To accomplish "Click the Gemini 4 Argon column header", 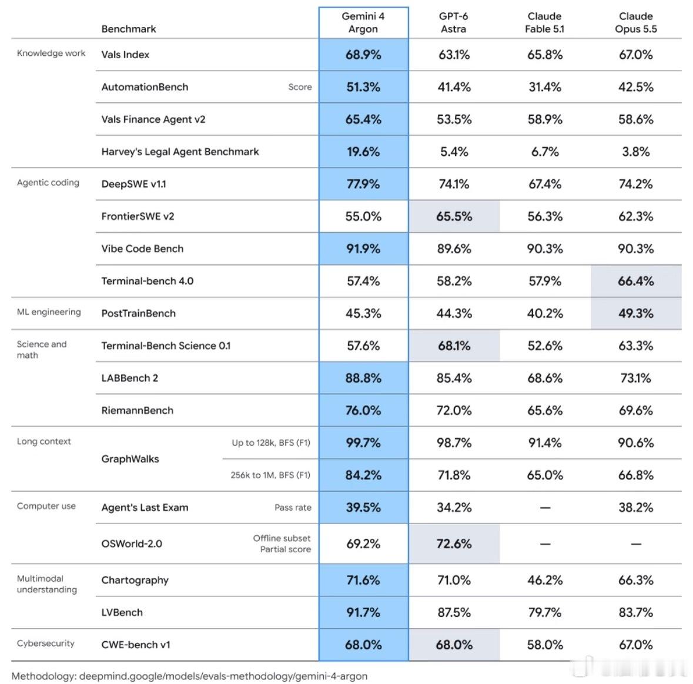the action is click(x=363, y=22).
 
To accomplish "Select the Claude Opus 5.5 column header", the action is click(x=635, y=22).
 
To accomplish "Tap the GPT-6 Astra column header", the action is click(x=453, y=22).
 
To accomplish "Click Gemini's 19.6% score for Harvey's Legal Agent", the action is click(x=363, y=152).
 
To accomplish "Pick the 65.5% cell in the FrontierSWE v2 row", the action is click(x=454, y=216).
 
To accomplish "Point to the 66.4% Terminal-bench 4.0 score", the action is click(x=635, y=281).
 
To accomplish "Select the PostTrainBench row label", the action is click(x=138, y=313).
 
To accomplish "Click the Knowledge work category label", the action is click(x=51, y=53).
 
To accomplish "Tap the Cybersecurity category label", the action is click(x=45, y=643).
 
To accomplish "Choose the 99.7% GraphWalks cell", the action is click(x=363, y=442).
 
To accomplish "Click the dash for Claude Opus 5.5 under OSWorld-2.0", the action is click(x=635, y=544).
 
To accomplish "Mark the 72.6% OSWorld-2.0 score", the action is click(x=454, y=544).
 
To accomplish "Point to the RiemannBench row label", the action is click(x=137, y=411).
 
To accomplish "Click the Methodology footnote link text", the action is click(x=189, y=676).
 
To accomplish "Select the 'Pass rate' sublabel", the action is click(x=293, y=507).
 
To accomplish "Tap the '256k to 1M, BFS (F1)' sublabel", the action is click(x=270, y=475).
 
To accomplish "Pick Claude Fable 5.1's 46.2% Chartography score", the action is click(x=545, y=580).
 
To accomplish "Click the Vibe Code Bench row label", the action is click(x=142, y=249).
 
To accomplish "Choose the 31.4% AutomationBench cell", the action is click(x=545, y=87).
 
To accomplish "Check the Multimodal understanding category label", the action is click(x=47, y=584).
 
